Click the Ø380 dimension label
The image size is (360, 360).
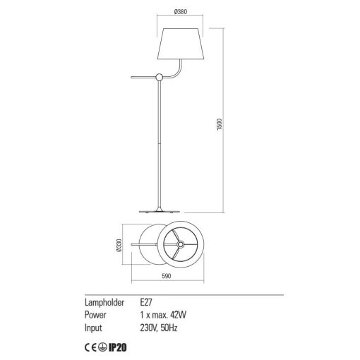pos(181,11)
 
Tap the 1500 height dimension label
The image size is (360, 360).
pos(219,124)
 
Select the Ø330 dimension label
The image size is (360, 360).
pos(119,246)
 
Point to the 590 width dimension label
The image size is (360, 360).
pos(167,276)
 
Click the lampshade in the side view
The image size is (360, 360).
pos(181,44)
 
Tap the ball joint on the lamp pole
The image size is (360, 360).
pos(160,77)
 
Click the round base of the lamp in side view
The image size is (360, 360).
pos(160,211)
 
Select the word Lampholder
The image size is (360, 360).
pos(104,303)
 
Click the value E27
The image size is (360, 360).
pos(146,302)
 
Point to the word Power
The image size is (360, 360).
pos(95,315)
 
